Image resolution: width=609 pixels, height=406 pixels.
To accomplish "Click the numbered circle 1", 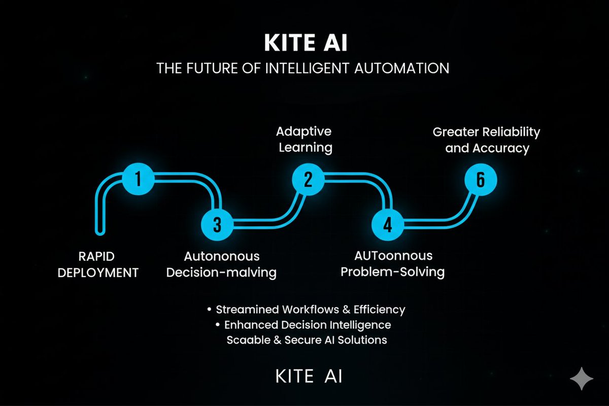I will (x=138, y=179).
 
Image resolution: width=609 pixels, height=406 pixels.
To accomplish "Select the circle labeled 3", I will (x=217, y=224).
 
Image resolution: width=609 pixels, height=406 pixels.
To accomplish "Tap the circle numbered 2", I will (x=308, y=179).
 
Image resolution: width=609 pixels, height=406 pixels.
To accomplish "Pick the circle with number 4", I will (x=387, y=224).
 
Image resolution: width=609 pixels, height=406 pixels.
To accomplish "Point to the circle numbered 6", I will (x=481, y=180).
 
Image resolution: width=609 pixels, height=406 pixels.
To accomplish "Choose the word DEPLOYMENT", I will (x=98, y=273).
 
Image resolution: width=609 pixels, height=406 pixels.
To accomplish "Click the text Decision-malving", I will (x=221, y=273).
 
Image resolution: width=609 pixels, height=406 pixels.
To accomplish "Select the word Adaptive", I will (x=303, y=131).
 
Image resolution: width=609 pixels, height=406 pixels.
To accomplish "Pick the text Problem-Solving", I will (x=392, y=272).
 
